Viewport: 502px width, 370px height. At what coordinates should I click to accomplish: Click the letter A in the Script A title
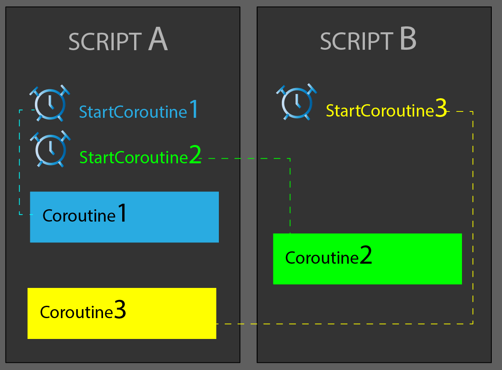[158, 41]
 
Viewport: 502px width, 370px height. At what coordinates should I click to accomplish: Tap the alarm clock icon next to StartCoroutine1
[50, 104]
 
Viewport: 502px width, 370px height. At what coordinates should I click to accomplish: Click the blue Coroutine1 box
[124, 217]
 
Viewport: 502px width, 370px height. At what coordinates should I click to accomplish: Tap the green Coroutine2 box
[367, 259]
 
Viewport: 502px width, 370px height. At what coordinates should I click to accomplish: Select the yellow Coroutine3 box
[122, 313]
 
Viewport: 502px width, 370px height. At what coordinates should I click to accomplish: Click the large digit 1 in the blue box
[122, 213]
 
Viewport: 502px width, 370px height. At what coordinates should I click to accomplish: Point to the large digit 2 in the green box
[366, 256]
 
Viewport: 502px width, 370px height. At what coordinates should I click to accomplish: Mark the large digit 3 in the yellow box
[120, 310]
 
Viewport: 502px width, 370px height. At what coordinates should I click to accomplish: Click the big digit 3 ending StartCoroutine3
[441, 109]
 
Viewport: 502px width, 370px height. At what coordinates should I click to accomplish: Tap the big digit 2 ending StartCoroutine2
[195, 156]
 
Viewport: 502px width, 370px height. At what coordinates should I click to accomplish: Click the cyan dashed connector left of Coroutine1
[20, 162]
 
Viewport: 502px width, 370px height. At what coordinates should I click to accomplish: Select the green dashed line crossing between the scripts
[247, 159]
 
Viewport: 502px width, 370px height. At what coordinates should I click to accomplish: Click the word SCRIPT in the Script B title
[356, 42]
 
